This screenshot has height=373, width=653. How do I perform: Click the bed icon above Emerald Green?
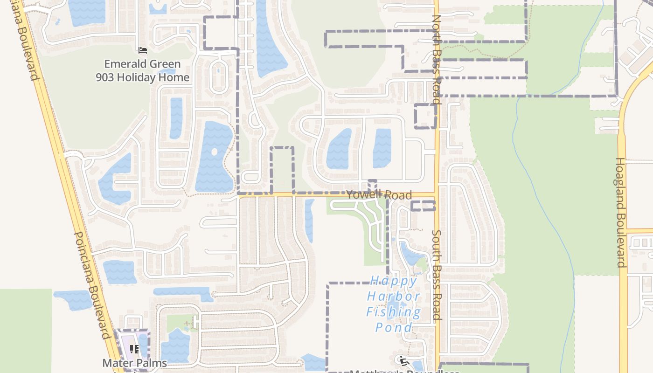143,50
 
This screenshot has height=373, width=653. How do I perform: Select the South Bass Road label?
437,275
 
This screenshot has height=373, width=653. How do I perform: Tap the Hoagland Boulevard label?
620,212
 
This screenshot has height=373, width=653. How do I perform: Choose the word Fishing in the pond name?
394,312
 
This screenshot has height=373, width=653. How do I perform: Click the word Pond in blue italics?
394,328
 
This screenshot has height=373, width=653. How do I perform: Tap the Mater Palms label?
134,363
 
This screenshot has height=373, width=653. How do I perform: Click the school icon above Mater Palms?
134,349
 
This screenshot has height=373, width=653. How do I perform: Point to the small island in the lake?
214,152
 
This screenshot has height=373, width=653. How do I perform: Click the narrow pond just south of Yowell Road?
309,220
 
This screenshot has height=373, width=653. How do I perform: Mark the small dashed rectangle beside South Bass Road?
423,206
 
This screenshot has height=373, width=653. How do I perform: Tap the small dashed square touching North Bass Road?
425,116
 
